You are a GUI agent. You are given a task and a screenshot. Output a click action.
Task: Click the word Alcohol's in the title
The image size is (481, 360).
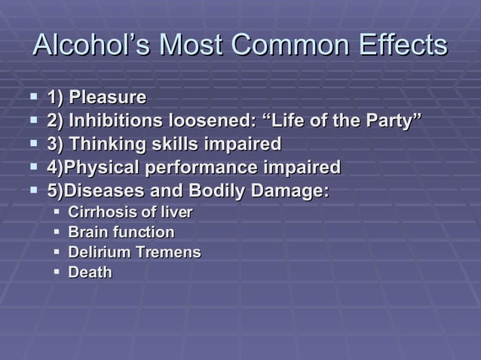pos(84,45)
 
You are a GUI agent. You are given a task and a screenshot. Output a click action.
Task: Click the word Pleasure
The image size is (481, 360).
pos(108,97)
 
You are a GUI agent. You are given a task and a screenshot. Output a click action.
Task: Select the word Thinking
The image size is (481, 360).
pos(103,144)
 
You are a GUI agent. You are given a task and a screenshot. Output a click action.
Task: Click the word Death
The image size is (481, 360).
pos(90,272)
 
